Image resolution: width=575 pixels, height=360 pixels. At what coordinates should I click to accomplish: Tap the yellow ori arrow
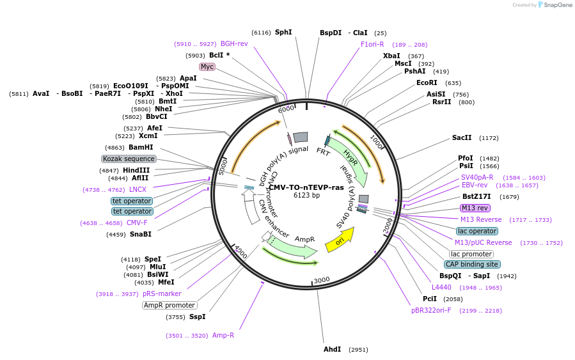[x=339, y=240]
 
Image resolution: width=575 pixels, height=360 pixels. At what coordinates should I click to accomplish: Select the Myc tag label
[x=207, y=67]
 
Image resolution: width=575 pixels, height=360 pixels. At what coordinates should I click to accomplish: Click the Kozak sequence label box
[x=129, y=159]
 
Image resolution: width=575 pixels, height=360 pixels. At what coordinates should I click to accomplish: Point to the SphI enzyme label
[x=283, y=32]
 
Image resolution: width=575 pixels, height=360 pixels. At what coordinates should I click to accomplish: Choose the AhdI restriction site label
[x=333, y=350]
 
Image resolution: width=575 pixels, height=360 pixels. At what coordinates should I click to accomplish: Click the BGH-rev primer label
[x=234, y=43]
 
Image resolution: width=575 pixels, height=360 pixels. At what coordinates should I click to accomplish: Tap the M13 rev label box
[x=475, y=208]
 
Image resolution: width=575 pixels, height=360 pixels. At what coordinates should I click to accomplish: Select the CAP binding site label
[x=473, y=264]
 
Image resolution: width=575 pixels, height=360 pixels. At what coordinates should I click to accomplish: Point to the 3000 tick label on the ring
[x=322, y=279]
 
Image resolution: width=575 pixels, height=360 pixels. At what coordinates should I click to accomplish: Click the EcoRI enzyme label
[x=427, y=83]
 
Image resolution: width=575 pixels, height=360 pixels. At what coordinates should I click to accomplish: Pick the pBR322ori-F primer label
[x=431, y=310]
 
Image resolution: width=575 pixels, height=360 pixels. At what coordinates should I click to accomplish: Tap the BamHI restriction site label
[x=141, y=147]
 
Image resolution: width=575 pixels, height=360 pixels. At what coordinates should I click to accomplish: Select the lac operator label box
[x=477, y=231]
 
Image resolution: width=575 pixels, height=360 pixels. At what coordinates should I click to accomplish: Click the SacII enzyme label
[x=462, y=137]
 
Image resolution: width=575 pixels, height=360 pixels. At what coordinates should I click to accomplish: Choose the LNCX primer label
[x=138, y=189]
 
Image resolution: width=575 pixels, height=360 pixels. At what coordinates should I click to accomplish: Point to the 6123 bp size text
[x=306, y=195]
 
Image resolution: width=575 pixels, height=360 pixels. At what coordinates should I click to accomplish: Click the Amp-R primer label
[x=223, y=335]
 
